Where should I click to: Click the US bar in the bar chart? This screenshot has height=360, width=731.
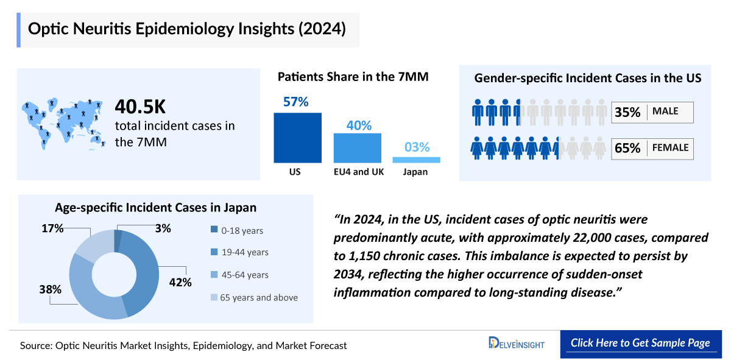pos(297,138)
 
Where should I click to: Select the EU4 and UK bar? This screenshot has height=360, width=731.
pos(357,148)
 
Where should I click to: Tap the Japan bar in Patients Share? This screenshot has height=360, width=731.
pos(416,160)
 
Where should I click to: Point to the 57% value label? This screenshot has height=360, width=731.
pos(296,102)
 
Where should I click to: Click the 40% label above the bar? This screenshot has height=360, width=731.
pos(359,125)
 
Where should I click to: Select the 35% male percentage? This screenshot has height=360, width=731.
pos(627,112)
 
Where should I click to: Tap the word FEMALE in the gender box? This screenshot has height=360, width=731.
pos(670,147)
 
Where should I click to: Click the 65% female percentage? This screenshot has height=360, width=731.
pos(627,148)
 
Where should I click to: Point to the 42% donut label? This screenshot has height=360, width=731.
pos(180,282)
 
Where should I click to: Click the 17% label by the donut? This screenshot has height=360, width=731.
pos(53,228)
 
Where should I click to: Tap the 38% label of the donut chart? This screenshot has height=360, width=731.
pos(50,289)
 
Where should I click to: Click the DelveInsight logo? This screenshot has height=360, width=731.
pos(516,344)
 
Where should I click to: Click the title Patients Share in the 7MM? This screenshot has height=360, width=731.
pos(353,77)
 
